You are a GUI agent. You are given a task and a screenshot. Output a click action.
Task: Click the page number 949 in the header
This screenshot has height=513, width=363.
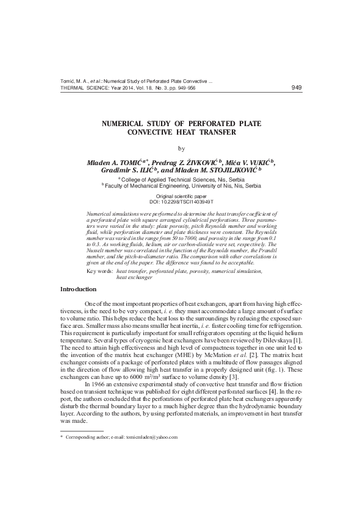[x=297, y=88]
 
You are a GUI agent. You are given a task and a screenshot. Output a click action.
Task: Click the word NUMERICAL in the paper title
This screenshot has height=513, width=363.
[x=128, y=124]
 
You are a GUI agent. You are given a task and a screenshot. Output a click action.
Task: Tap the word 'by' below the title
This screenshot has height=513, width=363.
[x=181, y=148]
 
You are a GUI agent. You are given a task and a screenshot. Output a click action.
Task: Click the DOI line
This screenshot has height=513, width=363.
[x=181, y=200]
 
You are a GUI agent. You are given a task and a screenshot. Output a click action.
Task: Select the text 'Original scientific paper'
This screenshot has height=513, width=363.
[x=181, y=196]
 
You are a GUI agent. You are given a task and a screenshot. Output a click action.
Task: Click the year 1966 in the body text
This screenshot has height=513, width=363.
[x=101, y=384]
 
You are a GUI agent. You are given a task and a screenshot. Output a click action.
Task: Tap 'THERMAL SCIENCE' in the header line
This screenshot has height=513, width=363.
[x=84, y=88]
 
